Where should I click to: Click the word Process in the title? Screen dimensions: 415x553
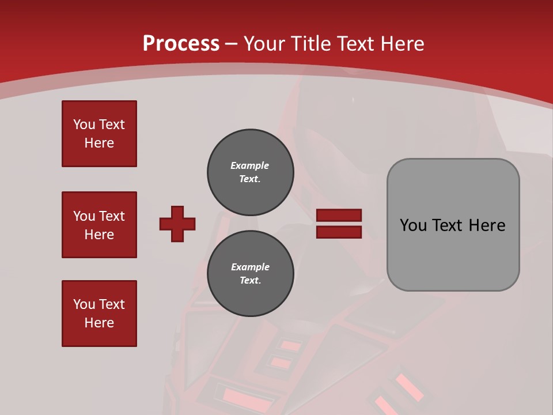click(181, 44)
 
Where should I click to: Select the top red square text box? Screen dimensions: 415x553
click(99, 134)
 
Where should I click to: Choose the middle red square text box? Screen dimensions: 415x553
click(99, 225)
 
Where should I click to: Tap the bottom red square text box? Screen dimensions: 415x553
click(99, 314)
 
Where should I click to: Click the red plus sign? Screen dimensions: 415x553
click(177, 224)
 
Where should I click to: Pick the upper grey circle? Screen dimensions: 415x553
click(250, 172)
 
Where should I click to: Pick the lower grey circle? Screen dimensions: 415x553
click(250, 274)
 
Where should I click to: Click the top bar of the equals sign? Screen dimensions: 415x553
click(339, 216)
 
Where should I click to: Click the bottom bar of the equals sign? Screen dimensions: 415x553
click(339, 232)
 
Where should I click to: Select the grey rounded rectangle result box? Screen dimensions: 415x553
click(453, 225)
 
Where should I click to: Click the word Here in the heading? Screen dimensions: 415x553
click(402, 44)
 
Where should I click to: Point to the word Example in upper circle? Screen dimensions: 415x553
click(250, 165)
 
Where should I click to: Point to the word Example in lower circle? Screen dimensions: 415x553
click(250, 267)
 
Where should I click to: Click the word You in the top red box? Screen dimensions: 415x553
click(83, 124)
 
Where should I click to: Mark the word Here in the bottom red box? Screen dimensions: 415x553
click(99, 323)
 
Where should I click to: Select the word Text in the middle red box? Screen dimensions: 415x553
click(112, 216)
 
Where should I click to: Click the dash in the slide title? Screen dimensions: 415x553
click(232, 44)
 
